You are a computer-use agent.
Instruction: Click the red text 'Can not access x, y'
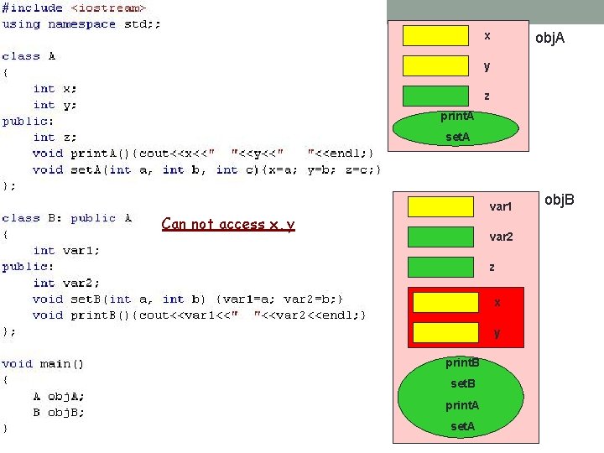click(228, 224)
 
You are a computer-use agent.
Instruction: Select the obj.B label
click(560, 200)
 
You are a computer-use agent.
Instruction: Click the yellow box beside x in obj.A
click(435, 35)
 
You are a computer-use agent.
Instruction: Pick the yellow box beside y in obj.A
click(435, 65)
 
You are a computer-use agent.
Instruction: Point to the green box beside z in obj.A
click(435, 96)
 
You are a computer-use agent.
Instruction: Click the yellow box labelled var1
click(440, 206)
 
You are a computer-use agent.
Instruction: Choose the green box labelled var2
click(440, 237)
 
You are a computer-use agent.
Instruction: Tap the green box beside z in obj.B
click(440, 267)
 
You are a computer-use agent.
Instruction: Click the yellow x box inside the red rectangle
click(445, 302)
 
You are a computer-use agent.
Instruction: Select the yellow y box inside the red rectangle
click(445, 332)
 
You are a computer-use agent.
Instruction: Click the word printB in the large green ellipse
click(462, 363)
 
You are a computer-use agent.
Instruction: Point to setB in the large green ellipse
click(463, 384)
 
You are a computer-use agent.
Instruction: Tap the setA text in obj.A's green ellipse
click(457, 137)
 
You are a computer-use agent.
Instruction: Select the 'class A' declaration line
click(29, 56)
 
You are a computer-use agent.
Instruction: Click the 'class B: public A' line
click(67, 218)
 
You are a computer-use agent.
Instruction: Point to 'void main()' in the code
click(43, 363)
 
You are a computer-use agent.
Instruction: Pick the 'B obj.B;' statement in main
click(59, 412)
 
